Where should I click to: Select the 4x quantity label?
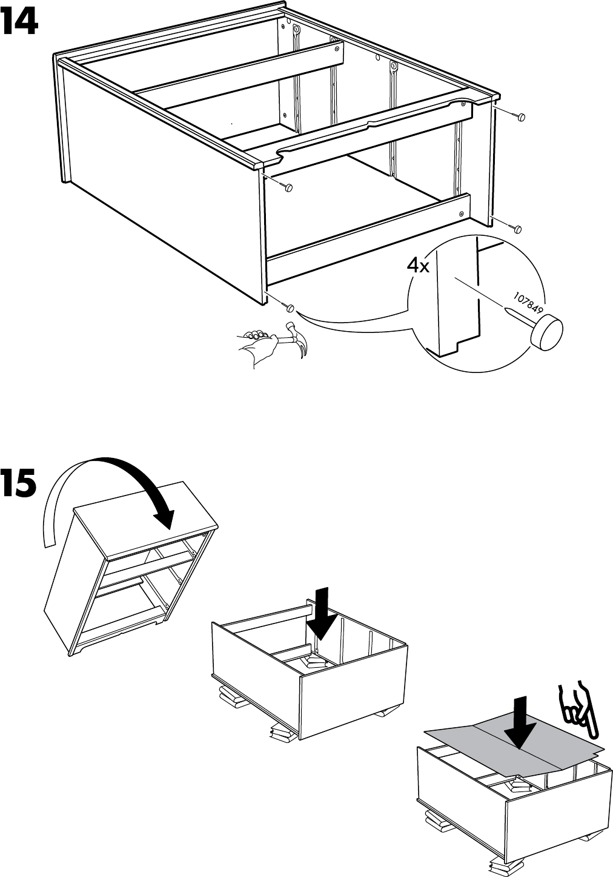417,266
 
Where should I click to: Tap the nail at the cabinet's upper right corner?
522,116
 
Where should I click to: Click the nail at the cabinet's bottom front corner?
290,307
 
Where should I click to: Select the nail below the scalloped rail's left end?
289,187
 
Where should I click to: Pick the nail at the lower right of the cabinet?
519,229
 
